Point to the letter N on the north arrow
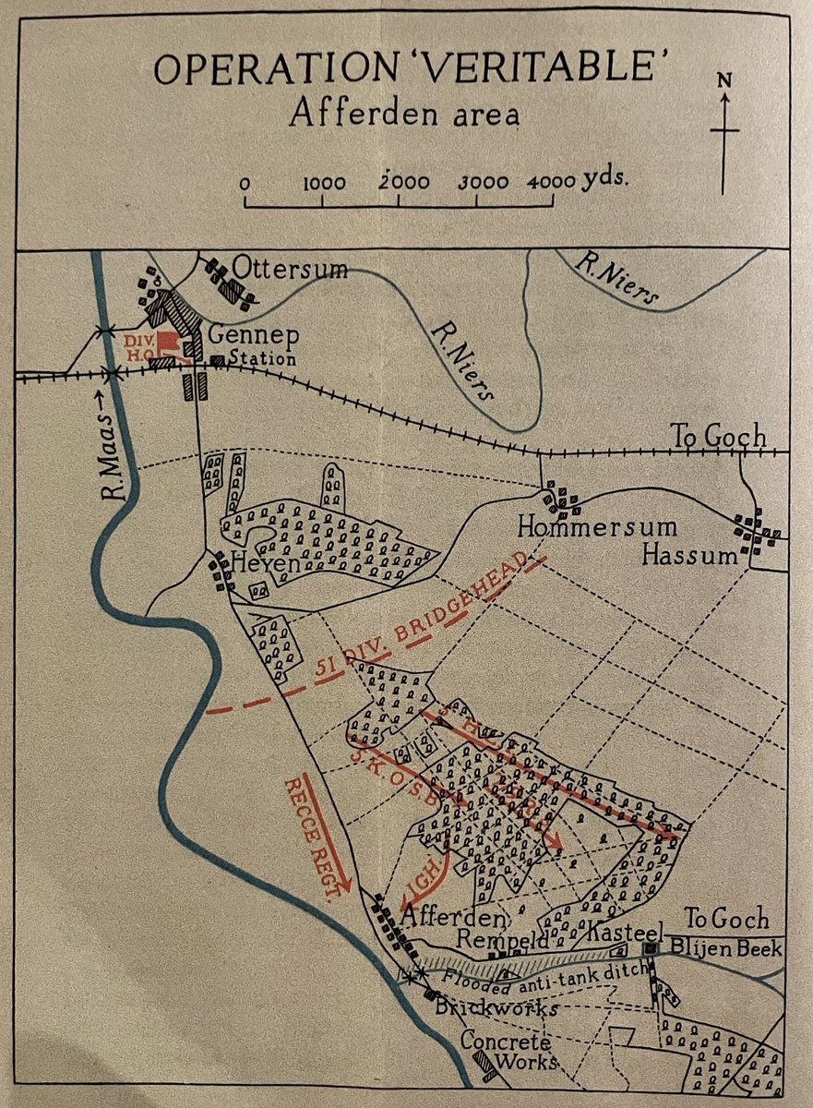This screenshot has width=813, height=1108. pyautogui.click(x=725, y=79)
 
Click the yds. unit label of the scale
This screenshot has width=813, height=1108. pyautogui.click(x=605, y=178)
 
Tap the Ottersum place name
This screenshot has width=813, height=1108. pyautogui.click(x=303, y=270)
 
